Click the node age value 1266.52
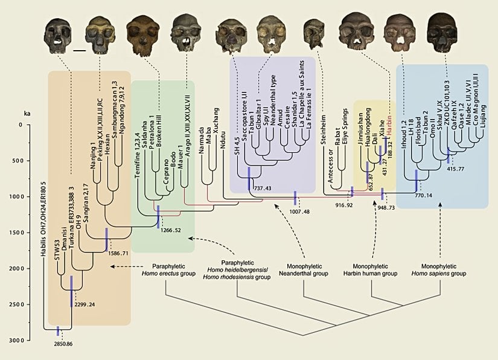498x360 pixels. tap(172, 230)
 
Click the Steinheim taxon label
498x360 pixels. tap(324, 112)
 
